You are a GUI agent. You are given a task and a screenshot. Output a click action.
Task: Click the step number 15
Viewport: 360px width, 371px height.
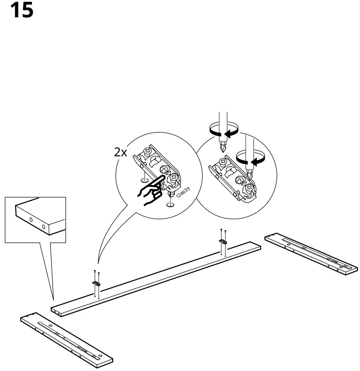tap(21, 10)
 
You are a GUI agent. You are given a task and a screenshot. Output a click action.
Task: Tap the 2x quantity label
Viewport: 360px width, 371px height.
tap(120, 152)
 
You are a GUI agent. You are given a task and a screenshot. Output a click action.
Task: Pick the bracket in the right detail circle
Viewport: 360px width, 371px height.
tap(232, 177)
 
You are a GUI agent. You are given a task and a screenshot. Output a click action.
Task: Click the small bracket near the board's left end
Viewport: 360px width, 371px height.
tap(96, 283)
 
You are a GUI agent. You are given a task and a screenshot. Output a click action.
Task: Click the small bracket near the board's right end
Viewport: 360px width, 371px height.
tap(222, 242)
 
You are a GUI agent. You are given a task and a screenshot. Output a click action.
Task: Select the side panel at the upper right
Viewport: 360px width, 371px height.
tap(311, 253)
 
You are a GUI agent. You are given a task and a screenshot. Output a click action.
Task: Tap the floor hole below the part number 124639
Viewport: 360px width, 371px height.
tap(170, 204)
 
